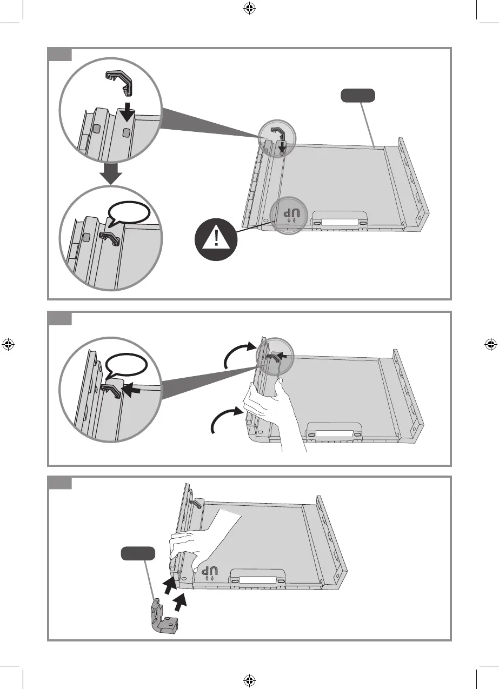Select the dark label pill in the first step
coord(357,96)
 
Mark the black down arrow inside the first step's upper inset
coord(126,111)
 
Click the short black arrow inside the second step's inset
coord(130,389)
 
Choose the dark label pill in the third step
coord(138,553)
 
